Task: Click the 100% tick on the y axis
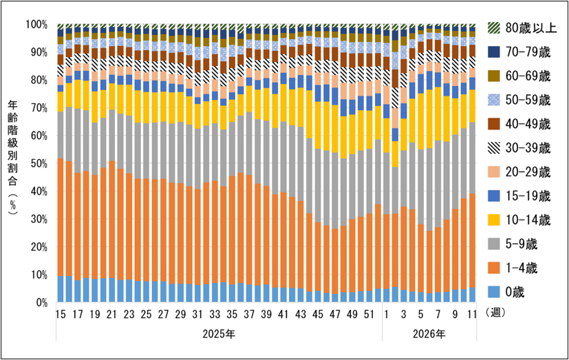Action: coord(36,24)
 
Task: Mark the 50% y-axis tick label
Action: coord(38,163)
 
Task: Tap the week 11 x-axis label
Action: coord(471,315)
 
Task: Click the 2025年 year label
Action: coord(218,335)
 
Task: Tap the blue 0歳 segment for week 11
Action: coord(471,295)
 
